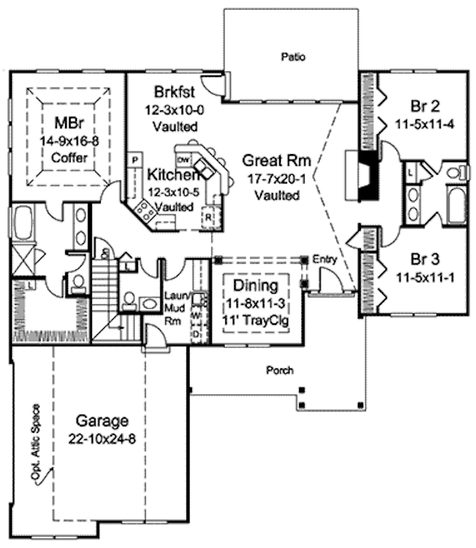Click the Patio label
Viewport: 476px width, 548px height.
pos(294,56)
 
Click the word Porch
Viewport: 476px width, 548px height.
pos(279,370)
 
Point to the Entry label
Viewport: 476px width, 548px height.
pos(324,260)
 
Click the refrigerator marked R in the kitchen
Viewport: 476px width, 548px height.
pos(210,215)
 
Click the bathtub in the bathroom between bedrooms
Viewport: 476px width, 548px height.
pos(458,205)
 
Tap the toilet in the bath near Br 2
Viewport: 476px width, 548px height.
pos(455,172)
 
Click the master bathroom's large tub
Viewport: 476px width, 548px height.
pos(22,225)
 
